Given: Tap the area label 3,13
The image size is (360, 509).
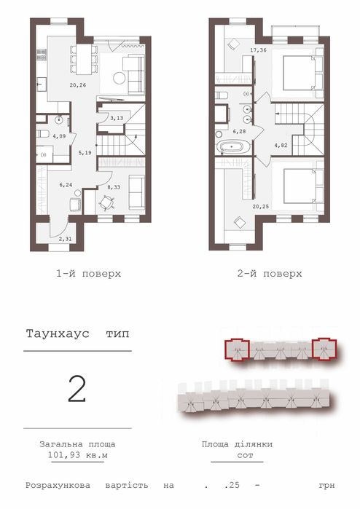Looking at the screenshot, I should point(117,117).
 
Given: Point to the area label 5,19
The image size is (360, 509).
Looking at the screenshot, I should point(86,153).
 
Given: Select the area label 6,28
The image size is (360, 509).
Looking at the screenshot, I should point(240,132).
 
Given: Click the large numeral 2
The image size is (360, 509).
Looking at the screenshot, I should point(77,390).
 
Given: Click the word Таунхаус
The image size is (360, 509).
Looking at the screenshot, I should point(55,335).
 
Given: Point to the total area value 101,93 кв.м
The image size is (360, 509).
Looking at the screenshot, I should point(77,455).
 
